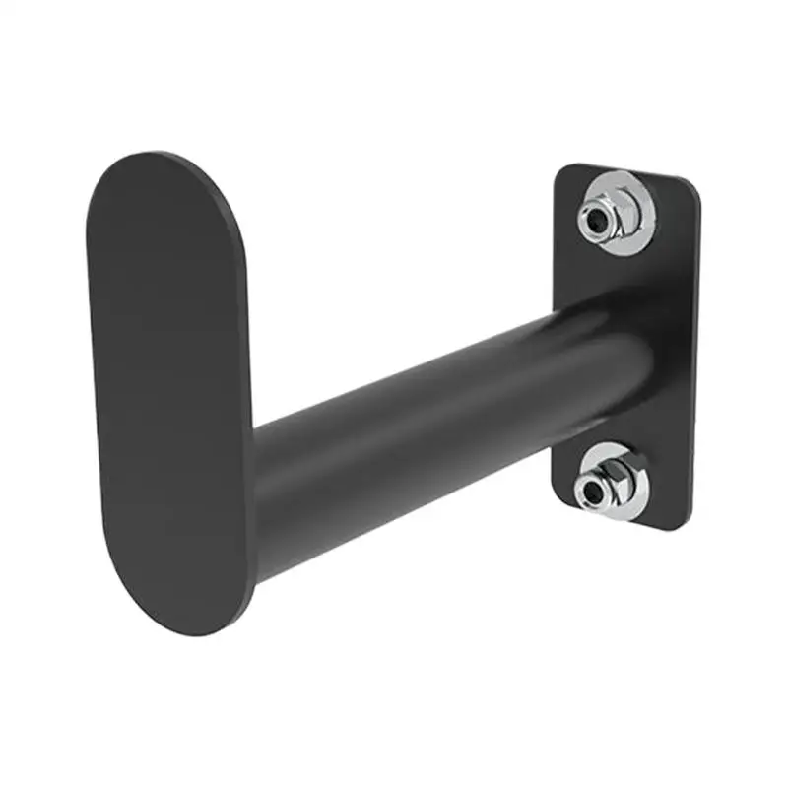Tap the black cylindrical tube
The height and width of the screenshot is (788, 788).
tap(414, 414)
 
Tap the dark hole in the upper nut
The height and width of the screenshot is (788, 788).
tap(597, 222)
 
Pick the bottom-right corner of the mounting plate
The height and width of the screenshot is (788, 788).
tap(687, 527)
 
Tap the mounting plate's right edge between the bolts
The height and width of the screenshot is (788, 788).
tap(694, 355)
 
